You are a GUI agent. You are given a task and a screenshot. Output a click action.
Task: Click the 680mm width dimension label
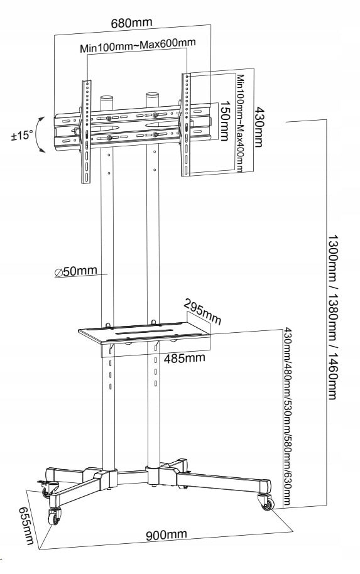(x=131, y=23)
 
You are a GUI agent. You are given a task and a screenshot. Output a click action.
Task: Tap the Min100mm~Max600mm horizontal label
(x=138, y=45)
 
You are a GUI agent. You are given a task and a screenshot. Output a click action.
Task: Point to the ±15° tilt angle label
(x=21, y=136)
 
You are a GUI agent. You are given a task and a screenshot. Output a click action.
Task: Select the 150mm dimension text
(x=224, y=121)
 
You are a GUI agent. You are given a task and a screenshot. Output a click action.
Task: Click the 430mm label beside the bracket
(x=259, y=127)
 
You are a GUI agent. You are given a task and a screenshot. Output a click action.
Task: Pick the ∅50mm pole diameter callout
(x=76, y=271)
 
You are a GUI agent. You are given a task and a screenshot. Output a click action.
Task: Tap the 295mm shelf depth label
(x=202, y=312)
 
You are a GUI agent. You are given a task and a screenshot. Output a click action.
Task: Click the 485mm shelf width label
(x=184, y=358)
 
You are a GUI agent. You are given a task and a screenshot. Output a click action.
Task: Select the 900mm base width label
(x=166, y=535)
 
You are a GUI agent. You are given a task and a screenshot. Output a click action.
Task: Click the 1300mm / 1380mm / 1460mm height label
(x=332, y=317)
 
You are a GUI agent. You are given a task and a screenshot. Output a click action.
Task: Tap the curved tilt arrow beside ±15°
(x=40, y=135)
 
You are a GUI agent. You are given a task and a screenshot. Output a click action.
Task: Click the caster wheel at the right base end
(x=266, y=502)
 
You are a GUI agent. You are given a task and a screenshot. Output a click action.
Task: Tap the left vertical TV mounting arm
(x=87, y=132)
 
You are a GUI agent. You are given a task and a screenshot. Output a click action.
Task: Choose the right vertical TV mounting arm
(x=186, y=124)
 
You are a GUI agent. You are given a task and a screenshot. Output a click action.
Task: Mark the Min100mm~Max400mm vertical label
(x=240, y=123)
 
